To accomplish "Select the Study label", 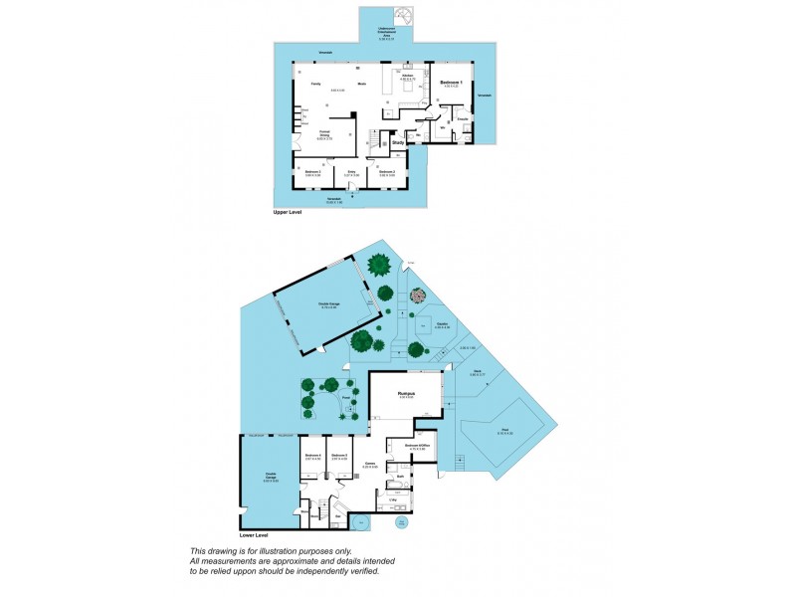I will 397,143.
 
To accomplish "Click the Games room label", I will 369,464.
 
